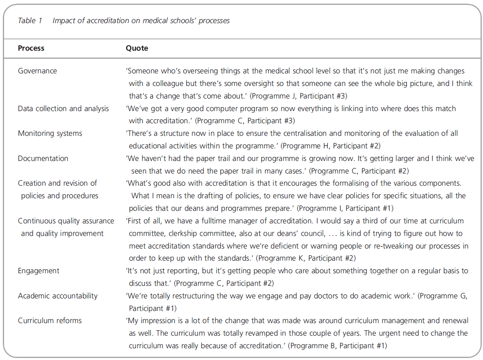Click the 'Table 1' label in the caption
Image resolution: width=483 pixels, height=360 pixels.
coord(30,21)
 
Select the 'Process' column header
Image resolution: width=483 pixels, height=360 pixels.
coord(31,48)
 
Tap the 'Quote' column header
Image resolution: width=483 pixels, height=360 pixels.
coord(137,48)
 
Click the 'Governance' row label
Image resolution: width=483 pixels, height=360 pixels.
coord(37,71)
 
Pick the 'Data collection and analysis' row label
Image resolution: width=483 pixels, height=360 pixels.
coord(63,109)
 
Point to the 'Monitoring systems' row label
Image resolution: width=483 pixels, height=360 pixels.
coord(50,133)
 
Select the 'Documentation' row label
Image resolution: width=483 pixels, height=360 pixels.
coord(43,159)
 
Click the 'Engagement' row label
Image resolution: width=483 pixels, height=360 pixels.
coord(39,271)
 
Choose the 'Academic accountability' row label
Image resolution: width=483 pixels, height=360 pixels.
coord(58,296)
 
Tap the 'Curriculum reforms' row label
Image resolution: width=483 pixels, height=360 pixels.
coord(50,321)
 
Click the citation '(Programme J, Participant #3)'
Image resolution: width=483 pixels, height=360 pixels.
coord(298,96)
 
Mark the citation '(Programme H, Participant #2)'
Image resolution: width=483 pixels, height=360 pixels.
coord(331,146)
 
